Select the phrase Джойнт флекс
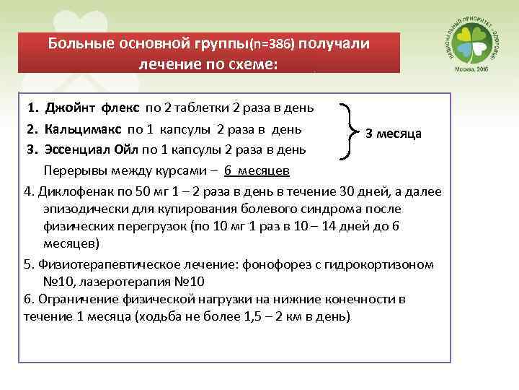(x=93, y=109)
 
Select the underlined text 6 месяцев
(x=257, y=171)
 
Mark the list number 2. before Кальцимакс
(x=32, y=130)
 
